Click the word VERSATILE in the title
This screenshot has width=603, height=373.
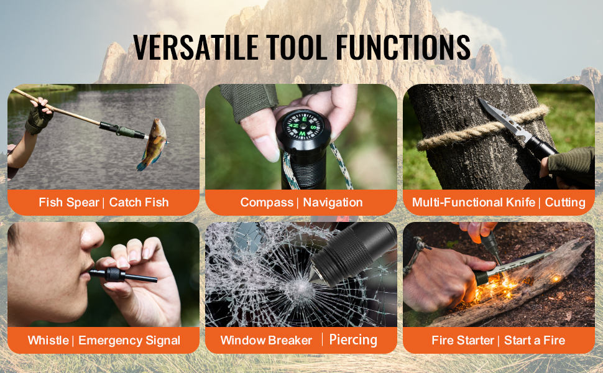pos(195,47)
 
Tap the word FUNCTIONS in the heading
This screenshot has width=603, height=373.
pos(403,47)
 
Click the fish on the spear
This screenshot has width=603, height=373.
pos(153,144)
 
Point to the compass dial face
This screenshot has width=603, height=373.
pos(303,124)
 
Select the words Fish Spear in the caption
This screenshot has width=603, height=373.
pos(69,202)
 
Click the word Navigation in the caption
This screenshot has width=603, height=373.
pos(333,202)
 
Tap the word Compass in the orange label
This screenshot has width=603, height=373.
pos(267,202)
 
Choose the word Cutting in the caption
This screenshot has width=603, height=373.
pos(565,202)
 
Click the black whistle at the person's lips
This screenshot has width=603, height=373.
pos(123,275)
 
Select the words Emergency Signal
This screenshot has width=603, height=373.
pos(129,341)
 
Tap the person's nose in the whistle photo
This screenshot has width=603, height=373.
pos(91,236)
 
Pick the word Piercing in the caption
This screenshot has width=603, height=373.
pos(353,340)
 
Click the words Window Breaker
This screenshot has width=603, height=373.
pos(266,340)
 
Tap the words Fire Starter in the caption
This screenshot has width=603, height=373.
pos(463,340)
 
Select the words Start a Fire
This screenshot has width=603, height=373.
pos(535,340)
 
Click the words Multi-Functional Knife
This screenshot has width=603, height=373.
pos(474,202)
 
